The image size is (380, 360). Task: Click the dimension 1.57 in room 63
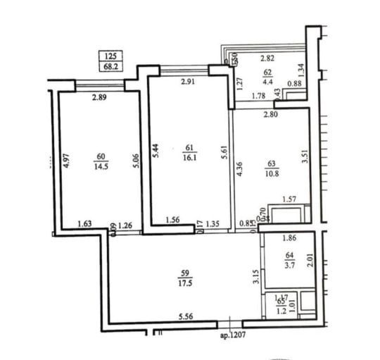(289, 200)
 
